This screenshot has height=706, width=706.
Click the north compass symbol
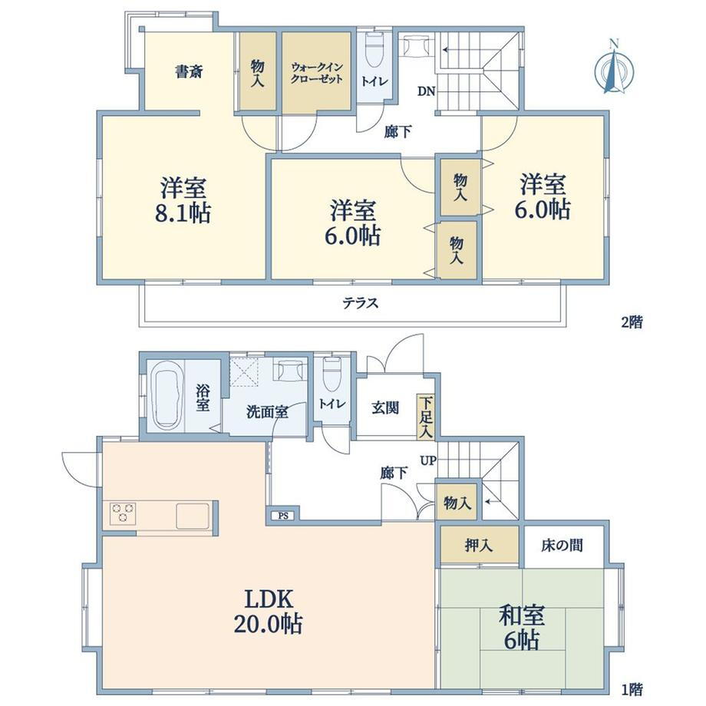pyautogui.click(x=614, y=68)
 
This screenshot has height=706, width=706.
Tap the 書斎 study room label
pyautogui.click(x=189, y=72)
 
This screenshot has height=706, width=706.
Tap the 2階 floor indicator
pyautogui.click(x=632, y=323)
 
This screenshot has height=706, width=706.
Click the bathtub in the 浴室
pyautogui.click(x=167, y=397)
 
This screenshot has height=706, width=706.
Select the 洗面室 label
pyautogui.click(x=267, y=412)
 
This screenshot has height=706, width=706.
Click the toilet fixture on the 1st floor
pyautogui.click(x=332, y=374)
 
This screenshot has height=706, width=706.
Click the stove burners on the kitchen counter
pyautogui.click(x=122, y=513)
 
